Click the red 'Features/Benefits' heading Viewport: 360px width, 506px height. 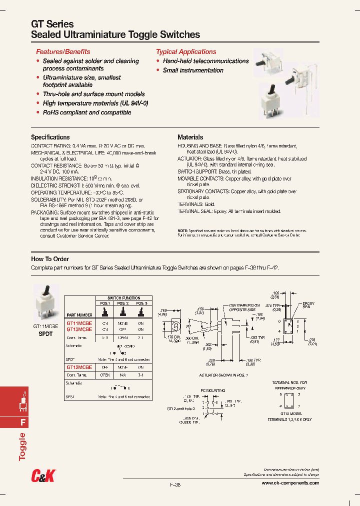pos(63,51)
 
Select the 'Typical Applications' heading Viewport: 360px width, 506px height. pos(186,51)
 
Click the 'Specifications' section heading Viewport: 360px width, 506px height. pos(50,137)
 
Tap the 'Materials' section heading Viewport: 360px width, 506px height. pos(190,137)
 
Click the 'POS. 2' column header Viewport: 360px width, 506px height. pos(123,303)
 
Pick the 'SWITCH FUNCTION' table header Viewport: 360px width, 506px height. pos(124,298)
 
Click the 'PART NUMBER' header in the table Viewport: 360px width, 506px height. pos(79,315)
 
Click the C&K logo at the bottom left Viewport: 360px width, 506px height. pos(43,477)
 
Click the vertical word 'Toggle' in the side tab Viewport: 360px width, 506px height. pos(22,446)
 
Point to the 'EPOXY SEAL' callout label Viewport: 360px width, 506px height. pos(308,305)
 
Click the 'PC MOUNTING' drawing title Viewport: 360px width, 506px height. pos(213,390)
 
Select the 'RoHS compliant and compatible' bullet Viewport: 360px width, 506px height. pos(87,112)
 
